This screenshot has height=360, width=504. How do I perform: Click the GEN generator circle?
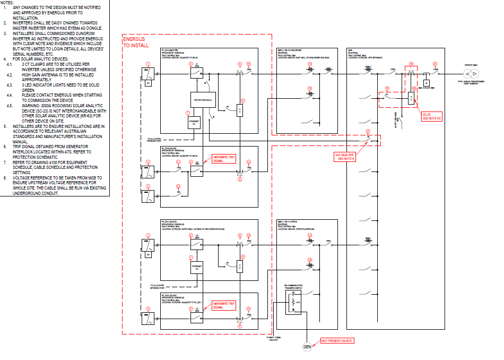307,347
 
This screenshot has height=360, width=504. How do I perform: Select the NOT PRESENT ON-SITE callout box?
337,340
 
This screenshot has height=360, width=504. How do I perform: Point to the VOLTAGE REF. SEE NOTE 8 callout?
345,157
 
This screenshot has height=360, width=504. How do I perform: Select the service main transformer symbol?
467,72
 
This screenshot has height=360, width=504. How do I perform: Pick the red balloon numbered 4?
149,309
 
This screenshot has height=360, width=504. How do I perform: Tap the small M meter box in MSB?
425,83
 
